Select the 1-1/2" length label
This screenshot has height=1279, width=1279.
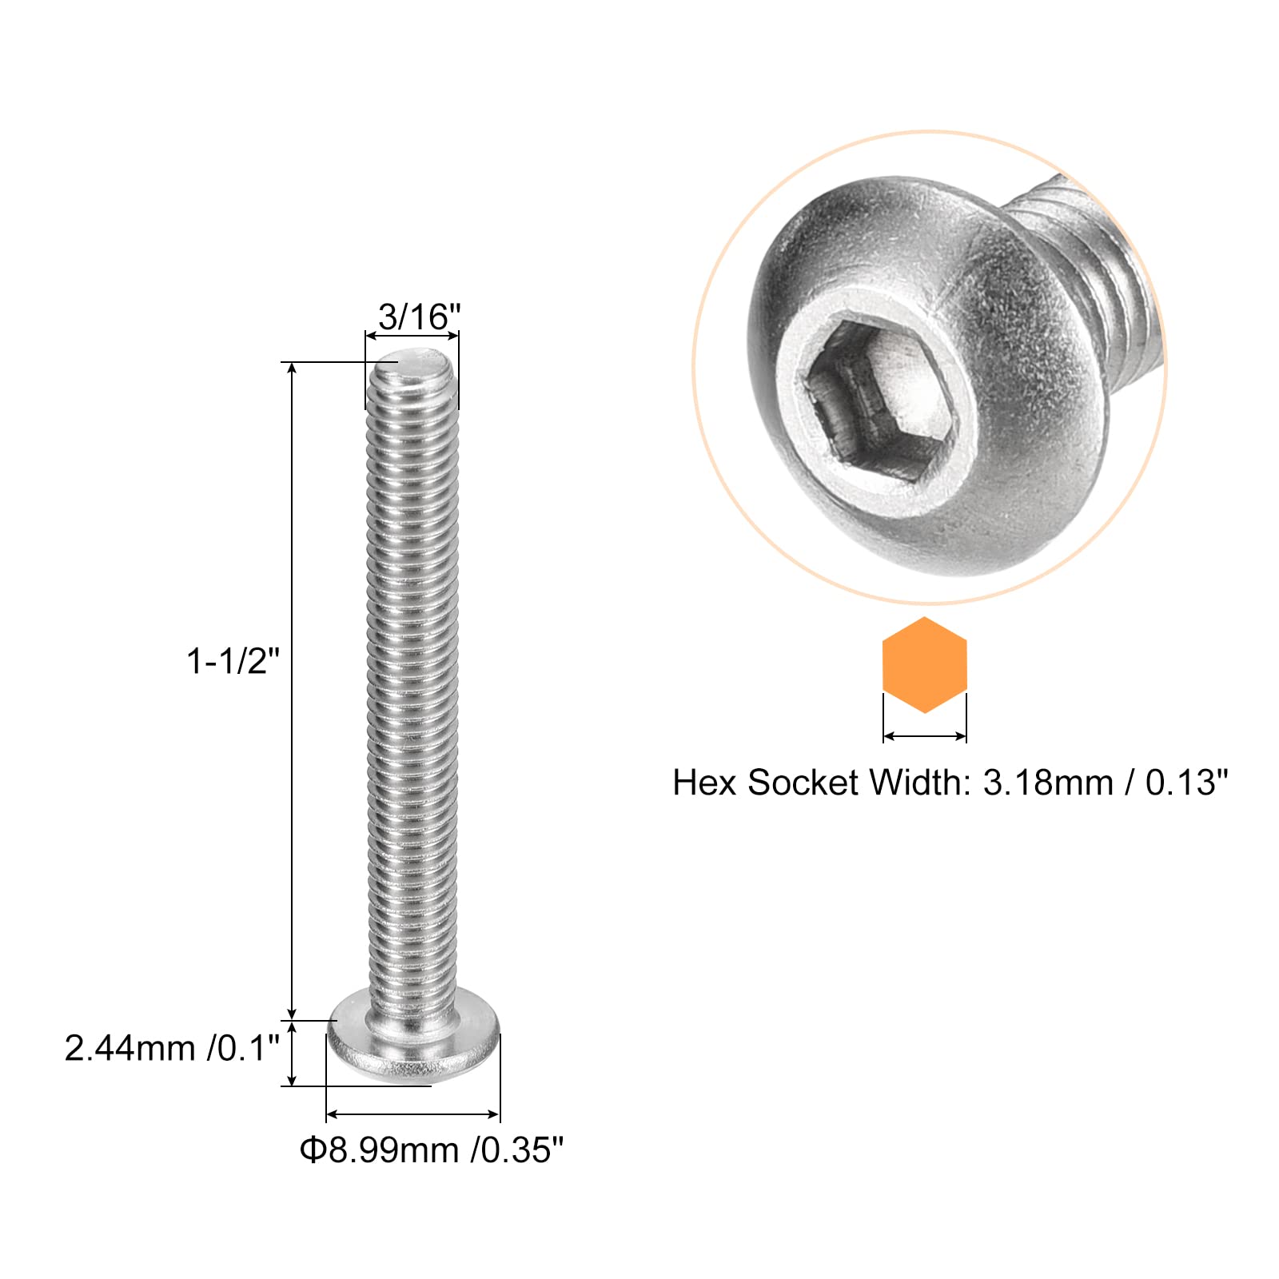[233, 662]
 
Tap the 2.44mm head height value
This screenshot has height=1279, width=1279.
[130, 1048]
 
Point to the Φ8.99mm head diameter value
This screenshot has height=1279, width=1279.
[383, 1150]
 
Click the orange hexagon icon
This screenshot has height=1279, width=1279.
[924, 664]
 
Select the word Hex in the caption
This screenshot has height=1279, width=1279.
[704, 783]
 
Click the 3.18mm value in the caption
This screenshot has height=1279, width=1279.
[1048, 783]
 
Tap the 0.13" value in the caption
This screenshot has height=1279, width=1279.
[1186, 783]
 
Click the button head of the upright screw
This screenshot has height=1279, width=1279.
[413, 1046]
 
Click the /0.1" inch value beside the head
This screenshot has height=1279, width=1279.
[243, 1048]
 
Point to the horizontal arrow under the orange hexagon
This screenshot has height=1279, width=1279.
[924, 735]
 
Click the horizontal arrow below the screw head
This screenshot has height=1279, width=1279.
[412, 1114]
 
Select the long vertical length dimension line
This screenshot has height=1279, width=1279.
[293, 687]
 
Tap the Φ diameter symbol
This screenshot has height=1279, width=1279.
[313, 1150]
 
